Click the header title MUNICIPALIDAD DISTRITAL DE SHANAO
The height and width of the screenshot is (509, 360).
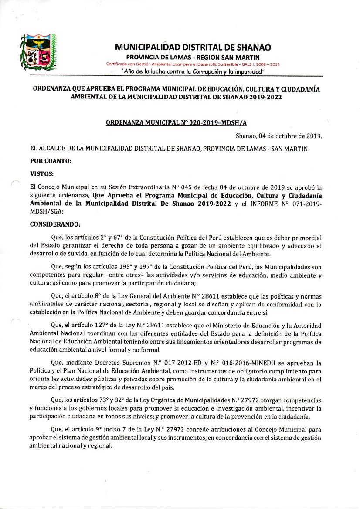193,47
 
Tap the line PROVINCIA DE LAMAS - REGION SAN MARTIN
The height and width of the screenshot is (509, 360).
193,58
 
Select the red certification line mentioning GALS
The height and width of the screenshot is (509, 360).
193,64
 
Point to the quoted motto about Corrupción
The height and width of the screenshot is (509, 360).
193,71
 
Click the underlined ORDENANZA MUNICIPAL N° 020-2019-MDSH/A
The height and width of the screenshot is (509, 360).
179,123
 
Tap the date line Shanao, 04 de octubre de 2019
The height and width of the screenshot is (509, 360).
279,136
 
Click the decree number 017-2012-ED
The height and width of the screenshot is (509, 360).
192,363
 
